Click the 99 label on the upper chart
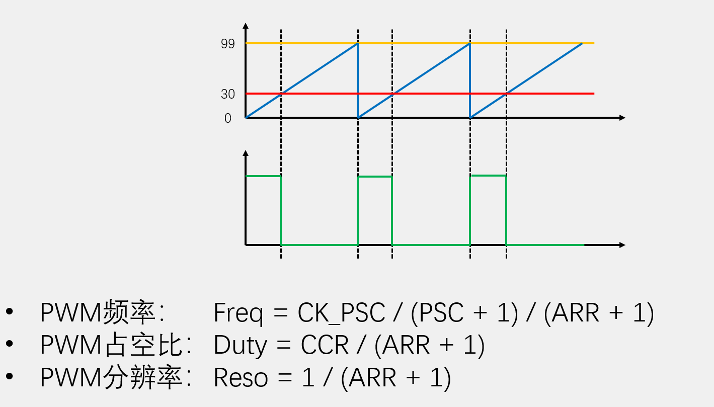227,44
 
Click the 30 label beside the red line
227,94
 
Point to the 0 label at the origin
228,118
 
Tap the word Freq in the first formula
238,313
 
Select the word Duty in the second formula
240,346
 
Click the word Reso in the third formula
241,378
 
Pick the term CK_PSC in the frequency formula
341,313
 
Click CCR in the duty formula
325,346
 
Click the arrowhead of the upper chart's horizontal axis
622,118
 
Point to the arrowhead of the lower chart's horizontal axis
622,245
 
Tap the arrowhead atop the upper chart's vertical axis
246,26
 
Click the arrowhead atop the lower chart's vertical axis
246,153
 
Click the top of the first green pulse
263,176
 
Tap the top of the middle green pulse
375,177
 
